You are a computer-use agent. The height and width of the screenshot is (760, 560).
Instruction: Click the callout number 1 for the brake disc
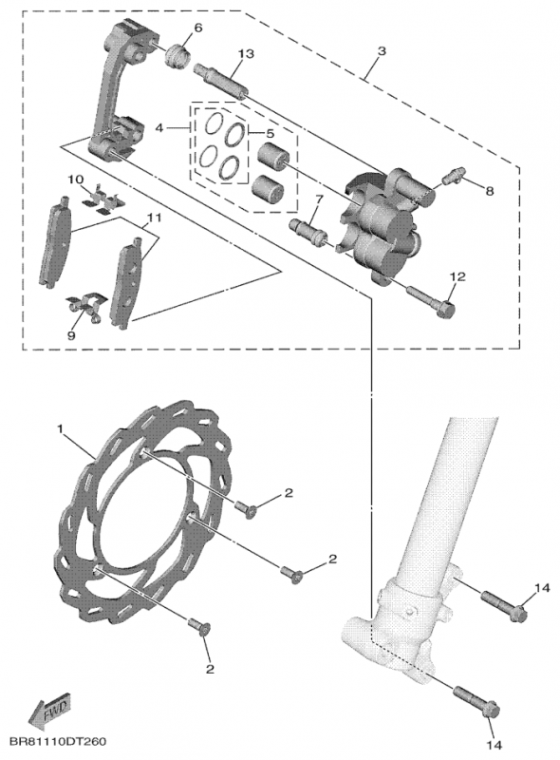(x=61, y=429)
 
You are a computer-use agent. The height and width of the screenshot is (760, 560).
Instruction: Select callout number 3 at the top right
(x=381, y=47)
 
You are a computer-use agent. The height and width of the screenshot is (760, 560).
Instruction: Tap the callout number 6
(x=197, y=27)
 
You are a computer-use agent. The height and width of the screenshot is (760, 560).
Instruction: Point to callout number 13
(x=246, y=55)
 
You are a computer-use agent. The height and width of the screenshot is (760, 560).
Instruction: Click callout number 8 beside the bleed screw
(x=490, y=191)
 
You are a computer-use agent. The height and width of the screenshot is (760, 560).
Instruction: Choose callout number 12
(x=457, y=276)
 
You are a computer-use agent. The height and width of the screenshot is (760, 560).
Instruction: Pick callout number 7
(x=319, y=199)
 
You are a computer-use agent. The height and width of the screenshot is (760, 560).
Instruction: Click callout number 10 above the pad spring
(x=76, y=180)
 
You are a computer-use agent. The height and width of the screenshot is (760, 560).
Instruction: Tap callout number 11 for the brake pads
(x=153, y=218)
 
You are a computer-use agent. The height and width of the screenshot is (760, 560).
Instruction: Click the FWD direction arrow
(x=48, y=711)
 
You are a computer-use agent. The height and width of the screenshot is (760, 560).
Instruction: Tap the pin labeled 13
(x=221, y=81)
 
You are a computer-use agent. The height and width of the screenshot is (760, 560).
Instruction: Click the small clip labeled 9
(x=84, y=310)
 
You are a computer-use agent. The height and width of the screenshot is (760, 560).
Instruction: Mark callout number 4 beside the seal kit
(x=159, y=126)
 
